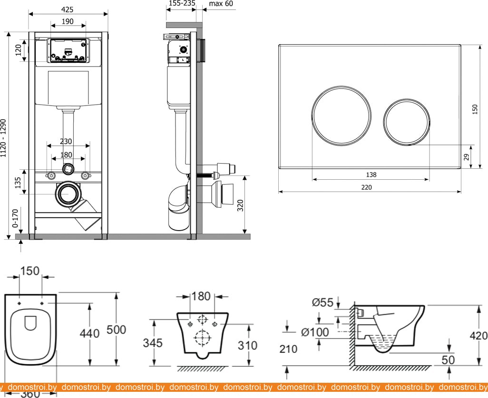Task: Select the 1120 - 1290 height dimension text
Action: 4,138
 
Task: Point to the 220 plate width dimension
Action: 366,187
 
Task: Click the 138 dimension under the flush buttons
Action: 371,175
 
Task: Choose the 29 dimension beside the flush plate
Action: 467,156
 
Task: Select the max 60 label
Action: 221,4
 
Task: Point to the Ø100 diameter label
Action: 313,332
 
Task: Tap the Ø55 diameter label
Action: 322,301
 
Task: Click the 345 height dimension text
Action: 152,343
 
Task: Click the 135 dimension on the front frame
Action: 19,183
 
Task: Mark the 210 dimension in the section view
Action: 288,349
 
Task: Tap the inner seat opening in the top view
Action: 30,323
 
